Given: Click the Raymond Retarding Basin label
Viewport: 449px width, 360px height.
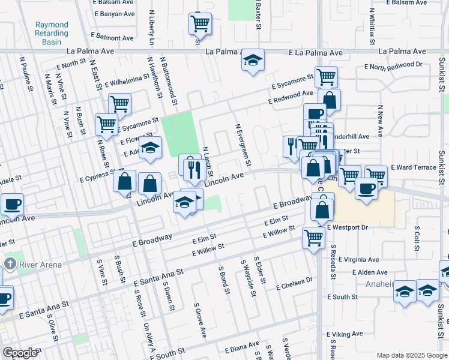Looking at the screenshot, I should (x=52, y=34).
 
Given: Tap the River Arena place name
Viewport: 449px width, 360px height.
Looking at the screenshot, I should (x=37, y=264).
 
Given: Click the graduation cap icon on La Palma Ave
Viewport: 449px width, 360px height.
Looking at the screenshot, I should (x=253, y=60).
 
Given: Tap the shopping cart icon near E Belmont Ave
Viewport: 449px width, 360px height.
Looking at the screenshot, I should (x=200, y=23).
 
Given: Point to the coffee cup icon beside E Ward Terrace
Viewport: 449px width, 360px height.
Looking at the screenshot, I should (x=366, y=188).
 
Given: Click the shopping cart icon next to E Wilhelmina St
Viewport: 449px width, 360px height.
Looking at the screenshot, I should (x=119, y=104).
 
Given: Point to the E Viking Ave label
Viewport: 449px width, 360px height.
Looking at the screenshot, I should (x=345, y=334).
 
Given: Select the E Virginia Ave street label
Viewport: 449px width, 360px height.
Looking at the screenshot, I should (x=358, y=260).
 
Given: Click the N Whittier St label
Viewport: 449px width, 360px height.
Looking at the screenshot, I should (x=372, y=24).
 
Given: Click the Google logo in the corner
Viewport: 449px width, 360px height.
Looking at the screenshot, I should (x=20, y=352).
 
